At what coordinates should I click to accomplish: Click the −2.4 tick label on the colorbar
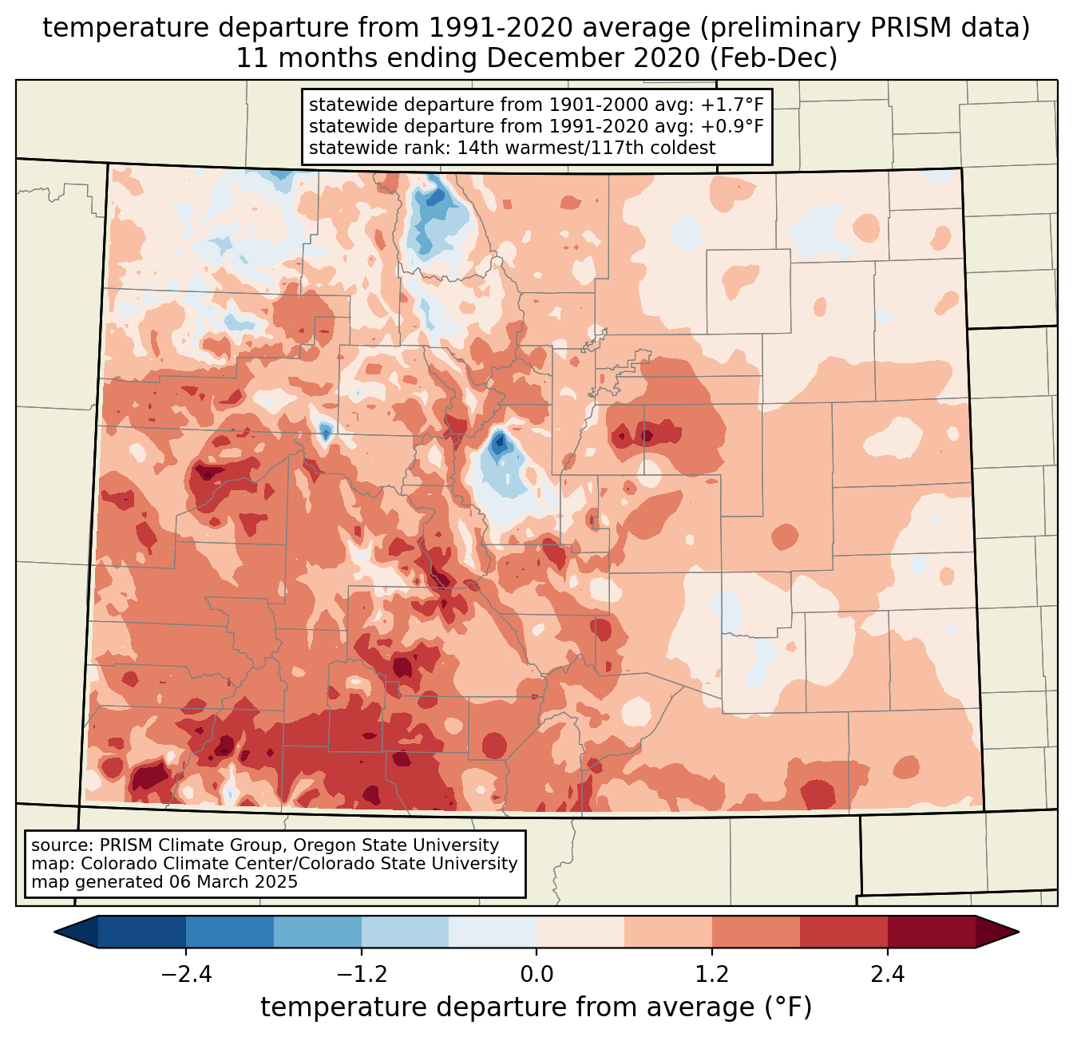(x=186, y=975)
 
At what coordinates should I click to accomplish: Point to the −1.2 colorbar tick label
(x=361, y=975)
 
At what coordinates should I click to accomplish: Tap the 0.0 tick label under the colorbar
(x=536, y=975)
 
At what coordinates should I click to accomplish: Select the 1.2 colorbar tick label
(x=712, y=975)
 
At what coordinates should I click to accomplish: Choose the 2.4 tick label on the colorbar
(x=887, y=975)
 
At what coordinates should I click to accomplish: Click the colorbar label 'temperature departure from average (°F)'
(x=536, y=1007)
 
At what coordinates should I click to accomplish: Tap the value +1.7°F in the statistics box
(x=732, y=105)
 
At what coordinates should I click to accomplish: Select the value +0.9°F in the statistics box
(x=732, y=126)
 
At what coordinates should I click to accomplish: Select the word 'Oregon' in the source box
(x=327, y=845)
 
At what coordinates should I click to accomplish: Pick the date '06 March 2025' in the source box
(x=233, y=882)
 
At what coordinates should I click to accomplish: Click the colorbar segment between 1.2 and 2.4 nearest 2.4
(x=843, y=932)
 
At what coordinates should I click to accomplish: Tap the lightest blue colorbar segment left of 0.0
(x=493, y=932)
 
